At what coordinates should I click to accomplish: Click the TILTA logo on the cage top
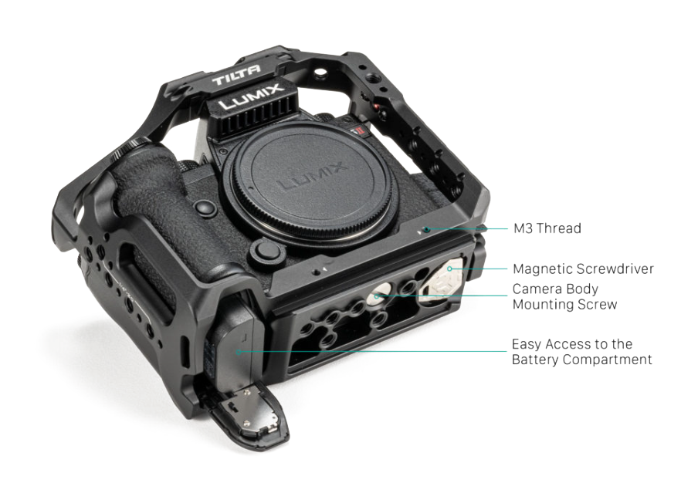pyautogui.click(x=236, y=75)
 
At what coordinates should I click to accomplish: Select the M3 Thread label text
pyautogui.click(x=547, y=228)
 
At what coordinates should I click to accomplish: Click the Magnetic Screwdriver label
pyautogui.click(x=583, y=269)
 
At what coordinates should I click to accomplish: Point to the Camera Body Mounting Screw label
pyautogui.click(x=564, y=296)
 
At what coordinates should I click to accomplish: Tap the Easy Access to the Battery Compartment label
pyautogui.click(x=582, y=352)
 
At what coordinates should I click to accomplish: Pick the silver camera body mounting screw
pyautogui.click(x=377, y=295)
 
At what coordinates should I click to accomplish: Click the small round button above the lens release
pyautogui.click(x=205, y=208)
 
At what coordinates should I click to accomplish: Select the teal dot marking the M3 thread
pyautogui.click(x=427, y=229)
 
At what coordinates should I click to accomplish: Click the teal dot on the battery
pyautogui.click(x=238, y=352)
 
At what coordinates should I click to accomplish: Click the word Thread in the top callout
pyautogui.click(x=559, y=228)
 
